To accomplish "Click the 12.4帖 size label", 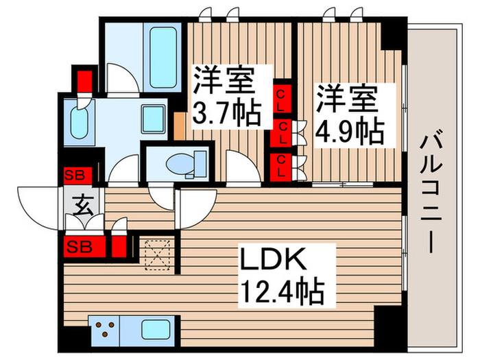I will click(280, 293).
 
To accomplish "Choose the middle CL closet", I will click(282, 132).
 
